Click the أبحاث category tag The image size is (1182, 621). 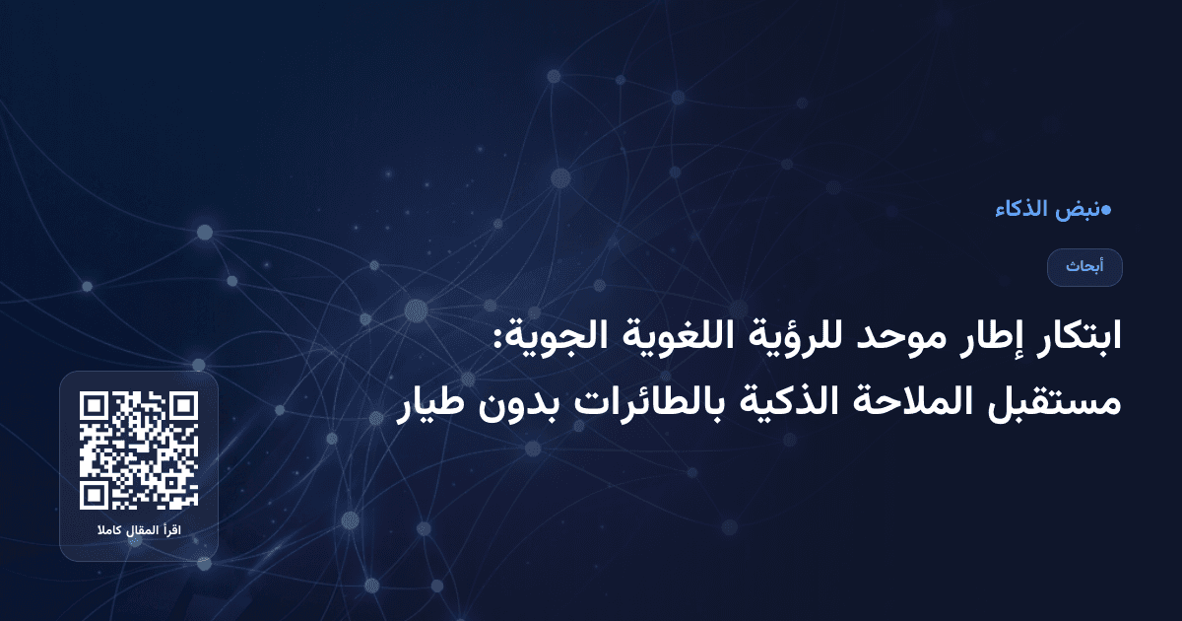[x=1084, y=267]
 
